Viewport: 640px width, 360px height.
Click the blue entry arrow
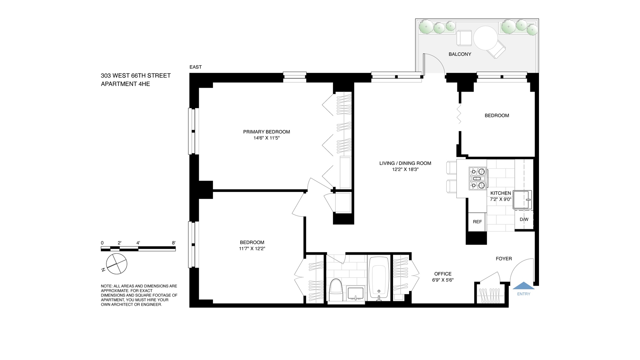(523, 286)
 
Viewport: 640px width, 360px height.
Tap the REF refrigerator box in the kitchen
(477, 222)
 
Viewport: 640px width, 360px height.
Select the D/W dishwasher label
(524, 219)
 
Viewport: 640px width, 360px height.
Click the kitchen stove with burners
(478, 178)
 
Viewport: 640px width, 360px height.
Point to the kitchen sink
(522, 200)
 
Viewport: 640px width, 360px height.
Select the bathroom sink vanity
(356, 293)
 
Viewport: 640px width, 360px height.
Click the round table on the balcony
(485, 38)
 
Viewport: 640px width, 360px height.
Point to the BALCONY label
(460, 54)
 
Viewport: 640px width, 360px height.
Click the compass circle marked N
(117, 264)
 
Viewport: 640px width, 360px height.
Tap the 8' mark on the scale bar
(174, 243)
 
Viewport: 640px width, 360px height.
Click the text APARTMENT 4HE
(125, 84)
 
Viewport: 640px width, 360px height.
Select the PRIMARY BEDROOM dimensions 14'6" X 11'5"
(266, 138)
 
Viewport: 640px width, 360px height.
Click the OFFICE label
(443, 274)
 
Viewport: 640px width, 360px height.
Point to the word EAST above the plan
(196, 67)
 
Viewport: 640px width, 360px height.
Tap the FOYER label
(504, 259)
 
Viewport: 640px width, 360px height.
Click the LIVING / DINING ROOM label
(405, 163)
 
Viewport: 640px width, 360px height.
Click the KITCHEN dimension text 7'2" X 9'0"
(500, 199)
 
